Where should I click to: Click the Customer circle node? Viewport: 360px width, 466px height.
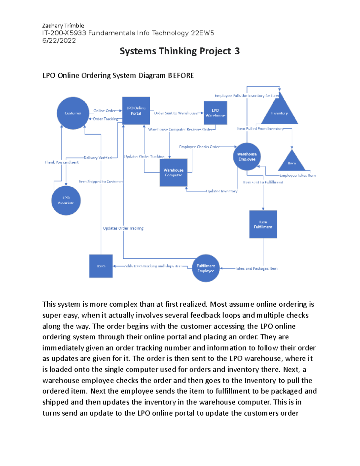[73, 113]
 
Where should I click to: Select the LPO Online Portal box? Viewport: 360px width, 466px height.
[136, 111]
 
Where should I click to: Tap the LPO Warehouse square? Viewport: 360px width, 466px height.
[215, 113]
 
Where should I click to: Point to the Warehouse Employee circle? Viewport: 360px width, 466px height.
[247, 157]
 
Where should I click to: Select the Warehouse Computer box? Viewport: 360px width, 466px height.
[173, 173]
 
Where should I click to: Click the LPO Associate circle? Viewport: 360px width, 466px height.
[66, 200]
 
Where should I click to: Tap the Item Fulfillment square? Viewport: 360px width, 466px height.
[263, 224]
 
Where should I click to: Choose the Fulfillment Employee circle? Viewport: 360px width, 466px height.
[206, 268]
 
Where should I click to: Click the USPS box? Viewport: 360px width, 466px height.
[101, 266]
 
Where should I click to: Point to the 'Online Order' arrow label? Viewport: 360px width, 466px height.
[104, 111]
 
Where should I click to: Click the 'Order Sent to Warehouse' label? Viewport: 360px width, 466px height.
[176, 113]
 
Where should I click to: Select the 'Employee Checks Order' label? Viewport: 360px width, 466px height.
[199, 147]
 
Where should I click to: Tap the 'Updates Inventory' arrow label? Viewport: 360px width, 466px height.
[222, 191]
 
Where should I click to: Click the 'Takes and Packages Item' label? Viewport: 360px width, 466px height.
[256, 269]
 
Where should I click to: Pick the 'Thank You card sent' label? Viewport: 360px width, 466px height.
[62, 162]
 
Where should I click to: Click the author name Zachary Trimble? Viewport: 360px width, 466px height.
[63, 26]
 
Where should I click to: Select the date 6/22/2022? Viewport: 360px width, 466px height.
[59, 41]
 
